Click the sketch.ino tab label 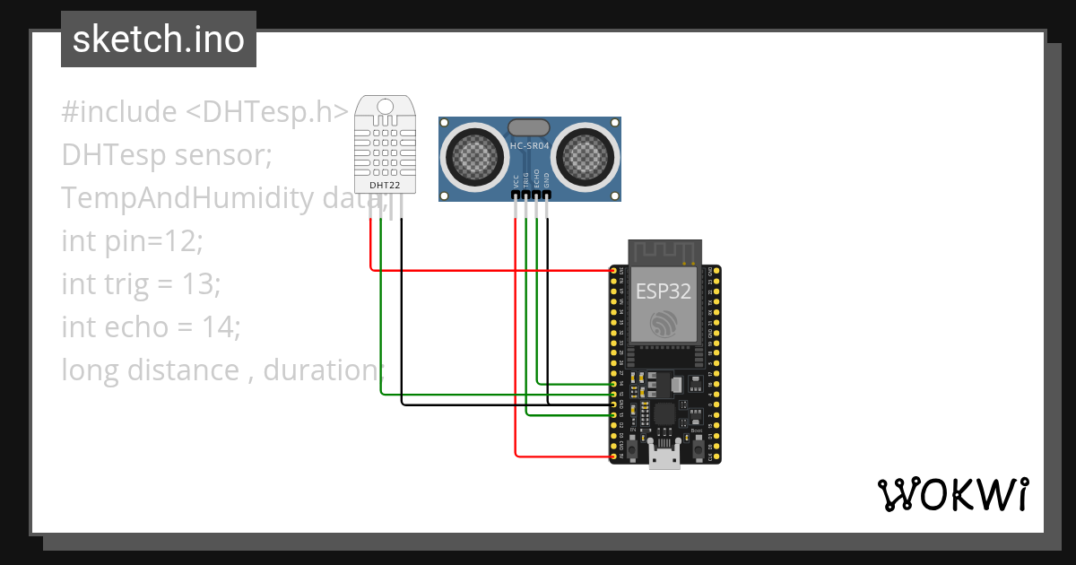[159, 39]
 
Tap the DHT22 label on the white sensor [386, 186]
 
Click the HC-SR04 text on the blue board [529, 146]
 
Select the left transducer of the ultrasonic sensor [474, 158]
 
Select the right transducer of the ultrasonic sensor [585, 158]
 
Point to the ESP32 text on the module [664, 291]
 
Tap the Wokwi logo [952, 494]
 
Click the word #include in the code [119, 112]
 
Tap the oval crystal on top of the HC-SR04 [529, 128]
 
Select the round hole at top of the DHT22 [386, 107]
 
